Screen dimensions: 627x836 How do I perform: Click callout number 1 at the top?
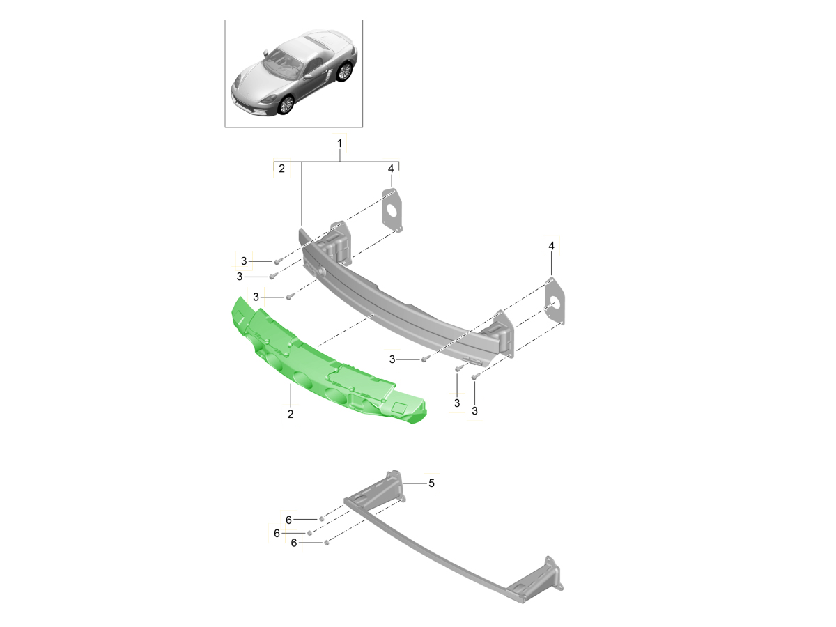tap(339, 144)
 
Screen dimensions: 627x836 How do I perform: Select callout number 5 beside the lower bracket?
tap(431, 483)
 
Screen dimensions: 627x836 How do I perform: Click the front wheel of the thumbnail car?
tap(286, 104)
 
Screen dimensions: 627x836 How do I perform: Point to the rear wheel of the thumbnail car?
tap(343, 70)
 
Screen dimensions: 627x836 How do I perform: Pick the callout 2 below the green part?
tap(290, 414)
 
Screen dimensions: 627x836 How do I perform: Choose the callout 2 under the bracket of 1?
tap(281, 169)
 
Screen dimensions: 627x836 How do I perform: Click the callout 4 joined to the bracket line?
tap(391, 169)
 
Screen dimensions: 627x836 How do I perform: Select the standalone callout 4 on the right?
tap(551, 246)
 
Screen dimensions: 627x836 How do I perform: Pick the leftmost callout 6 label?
tap(277, 533)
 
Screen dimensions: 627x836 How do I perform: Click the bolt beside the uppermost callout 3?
tap(277, 261)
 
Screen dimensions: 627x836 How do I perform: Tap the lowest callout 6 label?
tap(293, 543)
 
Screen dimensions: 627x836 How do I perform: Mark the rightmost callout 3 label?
tap(474, 411)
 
